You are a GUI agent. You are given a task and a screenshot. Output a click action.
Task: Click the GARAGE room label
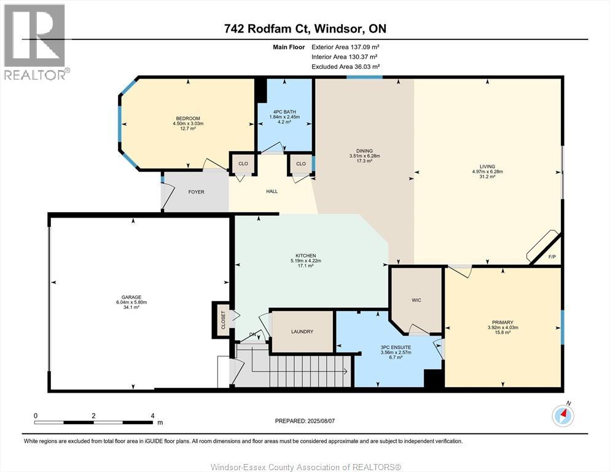click(131, 297)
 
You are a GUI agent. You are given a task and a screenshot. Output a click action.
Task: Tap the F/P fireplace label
click(552, 257)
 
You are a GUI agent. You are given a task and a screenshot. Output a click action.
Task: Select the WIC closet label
click(416, 300)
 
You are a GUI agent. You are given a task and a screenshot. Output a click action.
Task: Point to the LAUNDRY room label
click(302, 331)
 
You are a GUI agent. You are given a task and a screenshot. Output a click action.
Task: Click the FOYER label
click(196, 192)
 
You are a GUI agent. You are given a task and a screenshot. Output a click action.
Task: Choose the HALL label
click(272, 191)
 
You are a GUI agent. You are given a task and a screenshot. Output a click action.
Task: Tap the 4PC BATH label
click(284, 112)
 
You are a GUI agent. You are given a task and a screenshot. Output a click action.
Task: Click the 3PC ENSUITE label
click(396, 347)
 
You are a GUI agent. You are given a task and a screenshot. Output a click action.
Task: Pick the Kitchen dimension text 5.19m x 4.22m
click(306, 261)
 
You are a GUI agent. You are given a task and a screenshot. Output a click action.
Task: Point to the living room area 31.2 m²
click(487, 176)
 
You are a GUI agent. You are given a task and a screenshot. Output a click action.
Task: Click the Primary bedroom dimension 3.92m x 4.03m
click(502, 327)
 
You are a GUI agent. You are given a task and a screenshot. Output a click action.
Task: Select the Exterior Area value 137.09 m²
click(365, 47)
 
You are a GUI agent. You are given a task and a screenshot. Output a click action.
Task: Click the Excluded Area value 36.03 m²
click(367, 66)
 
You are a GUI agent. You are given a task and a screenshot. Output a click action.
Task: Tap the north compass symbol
click(563, 415)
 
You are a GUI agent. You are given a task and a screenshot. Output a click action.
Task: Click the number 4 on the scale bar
click(152, 415)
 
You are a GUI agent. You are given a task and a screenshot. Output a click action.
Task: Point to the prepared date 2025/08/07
click(321, 420)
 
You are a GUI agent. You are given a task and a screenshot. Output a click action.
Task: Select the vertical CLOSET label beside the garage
click(224, 320)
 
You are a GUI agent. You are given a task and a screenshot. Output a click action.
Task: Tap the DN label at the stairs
click(253, 335)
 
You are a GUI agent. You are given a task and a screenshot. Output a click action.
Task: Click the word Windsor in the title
click(337, 28)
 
